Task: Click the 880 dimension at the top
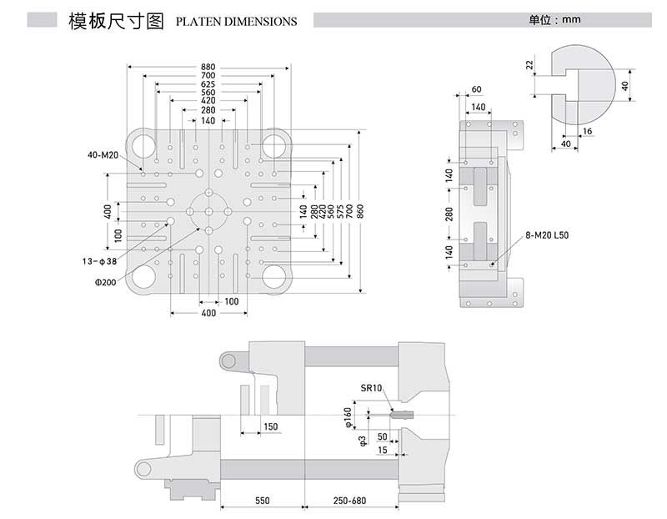tap(208, 67)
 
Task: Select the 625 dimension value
tap(208, 84)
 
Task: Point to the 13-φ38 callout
tap(100, 261)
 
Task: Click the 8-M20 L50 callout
tap(547, 237)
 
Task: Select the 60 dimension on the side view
tap(476, 89)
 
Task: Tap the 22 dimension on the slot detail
tap(529, 65)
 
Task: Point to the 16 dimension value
tap(589, 132)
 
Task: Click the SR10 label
tap(371, 388)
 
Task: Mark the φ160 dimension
tap(349, 415)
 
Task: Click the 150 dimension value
tap(269, 426)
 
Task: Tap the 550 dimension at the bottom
tap(263, 501)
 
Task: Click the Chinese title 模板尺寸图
tap(118, 20)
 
